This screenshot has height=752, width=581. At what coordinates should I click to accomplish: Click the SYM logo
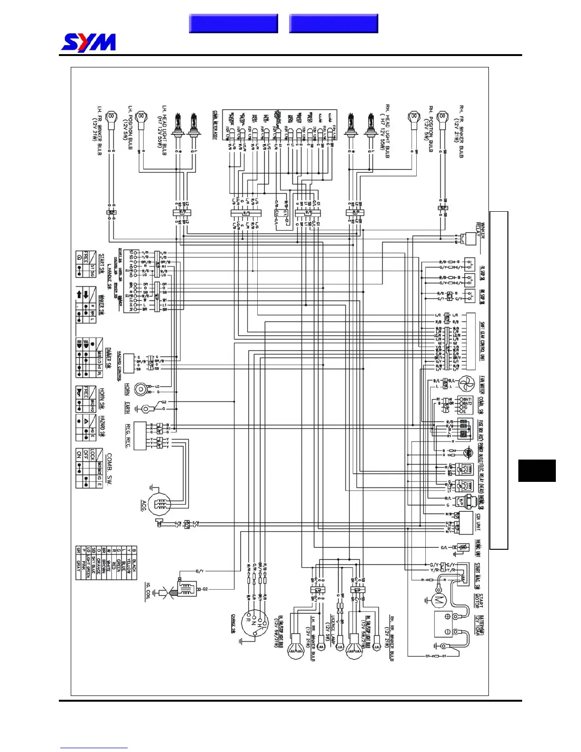pyautogui.click(x=88, y=43)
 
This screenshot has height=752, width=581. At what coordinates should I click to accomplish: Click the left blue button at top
pyautogui.click(x=233, y=23)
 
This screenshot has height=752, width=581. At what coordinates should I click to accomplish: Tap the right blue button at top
pyautogui.click(x=333, y=23)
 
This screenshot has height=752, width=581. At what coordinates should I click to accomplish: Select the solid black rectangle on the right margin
pyautogui.click(x=536, y=470)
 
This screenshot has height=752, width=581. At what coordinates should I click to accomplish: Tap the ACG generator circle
pyautogui.click(x=159, y=505)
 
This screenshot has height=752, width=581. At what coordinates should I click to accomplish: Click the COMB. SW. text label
pyautogui.click(x=110, y=468)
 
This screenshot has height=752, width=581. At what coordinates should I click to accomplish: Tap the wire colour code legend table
pyautogui.click(x=106, y=563)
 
